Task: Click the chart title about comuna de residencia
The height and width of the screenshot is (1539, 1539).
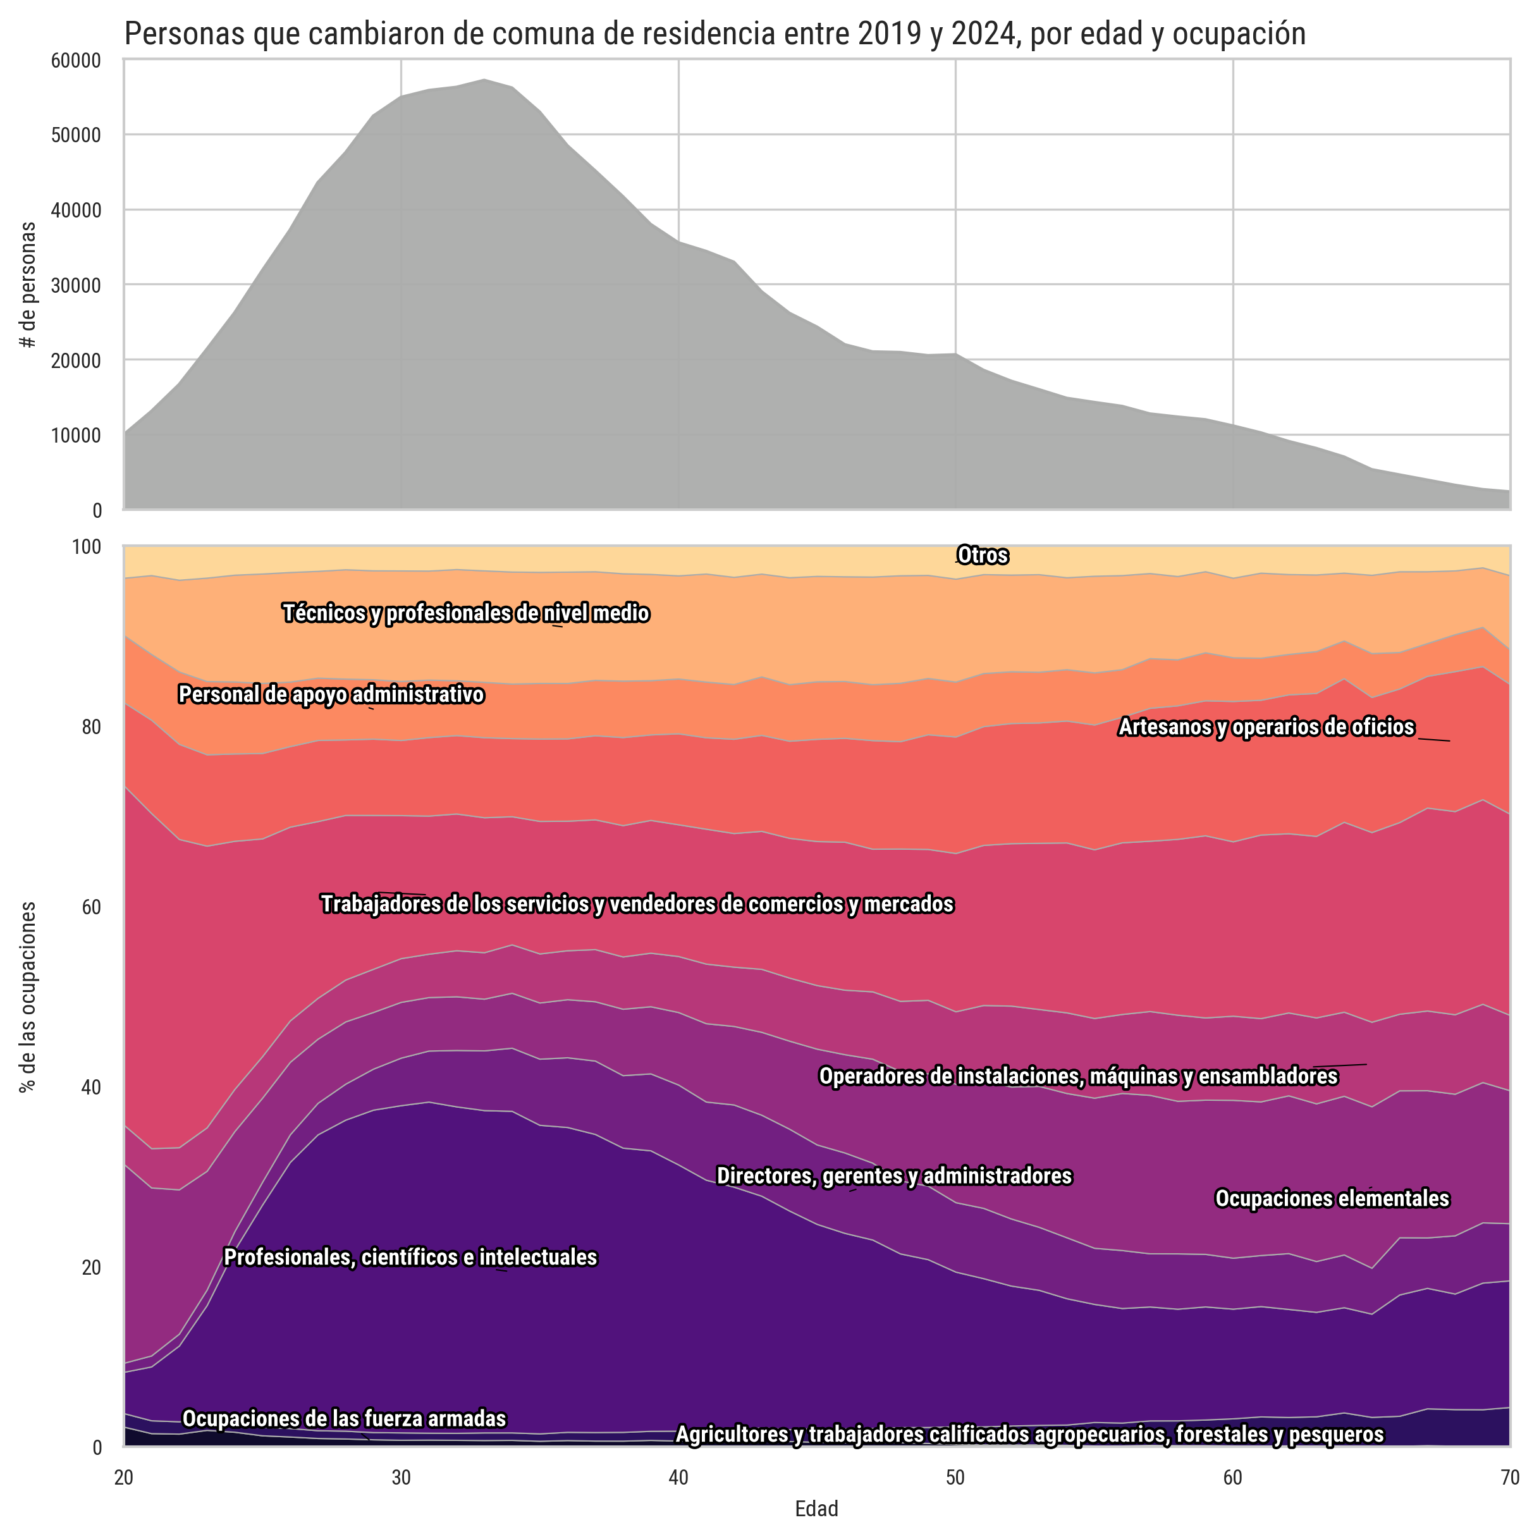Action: [x=714, y=34]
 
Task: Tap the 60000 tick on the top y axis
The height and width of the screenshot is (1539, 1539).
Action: [x=80, y=61]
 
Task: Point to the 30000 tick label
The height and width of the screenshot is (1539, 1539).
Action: [x=80, y=285]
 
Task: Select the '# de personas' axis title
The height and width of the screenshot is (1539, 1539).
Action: [x=28, y=285]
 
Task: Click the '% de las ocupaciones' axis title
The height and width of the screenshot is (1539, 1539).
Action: [x=28, y=996]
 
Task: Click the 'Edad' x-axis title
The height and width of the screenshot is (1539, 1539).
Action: [x=816, y=1509]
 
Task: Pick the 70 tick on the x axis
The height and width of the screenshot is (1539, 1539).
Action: [x=1509, y=1478]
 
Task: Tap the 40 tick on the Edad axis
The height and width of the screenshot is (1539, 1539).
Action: [x=678, y=1478]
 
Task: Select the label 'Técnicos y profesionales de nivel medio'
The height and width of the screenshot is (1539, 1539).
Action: [x=466, y=613]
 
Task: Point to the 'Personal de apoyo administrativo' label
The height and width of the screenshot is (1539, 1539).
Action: [x=331, y=695]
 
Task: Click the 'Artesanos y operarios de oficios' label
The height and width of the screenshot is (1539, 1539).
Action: [x=1266, y=727]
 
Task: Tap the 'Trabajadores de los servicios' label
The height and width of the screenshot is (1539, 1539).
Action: [x=637, y=904]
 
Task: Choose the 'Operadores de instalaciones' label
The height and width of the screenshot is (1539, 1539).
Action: [x=1079, y=1076]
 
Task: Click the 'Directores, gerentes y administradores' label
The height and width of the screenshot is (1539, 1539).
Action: [x=895, y=1176]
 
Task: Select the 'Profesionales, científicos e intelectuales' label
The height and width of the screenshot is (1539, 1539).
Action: [x=410, y=1257]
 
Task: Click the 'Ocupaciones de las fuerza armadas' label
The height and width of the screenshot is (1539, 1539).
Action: [x=344, y=1419]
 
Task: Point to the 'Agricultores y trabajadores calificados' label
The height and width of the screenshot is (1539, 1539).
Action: [x=1030, y=1435]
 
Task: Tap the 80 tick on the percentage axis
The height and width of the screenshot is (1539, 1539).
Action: [x=91, y=727]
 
